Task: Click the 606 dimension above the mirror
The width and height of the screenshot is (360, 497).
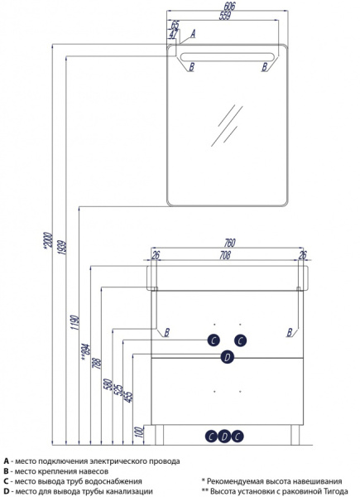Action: click(229, 6)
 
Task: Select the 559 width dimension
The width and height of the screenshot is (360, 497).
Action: click(224, 16)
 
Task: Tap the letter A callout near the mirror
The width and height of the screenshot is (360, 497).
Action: click(193, 33)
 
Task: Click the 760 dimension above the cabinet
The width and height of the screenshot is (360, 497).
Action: click(229, 243)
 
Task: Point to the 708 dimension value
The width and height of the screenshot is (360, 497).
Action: click(224, 255)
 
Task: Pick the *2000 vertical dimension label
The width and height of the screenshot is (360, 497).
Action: click(48, 240)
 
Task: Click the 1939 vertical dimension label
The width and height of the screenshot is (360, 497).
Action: click(62, 247)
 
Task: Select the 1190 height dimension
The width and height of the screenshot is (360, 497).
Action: click(74, 322)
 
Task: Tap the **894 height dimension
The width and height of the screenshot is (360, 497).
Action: click(85, 354)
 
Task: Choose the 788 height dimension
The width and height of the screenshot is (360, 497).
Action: click(97, 364)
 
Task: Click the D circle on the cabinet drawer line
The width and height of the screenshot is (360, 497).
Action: click(227, 358)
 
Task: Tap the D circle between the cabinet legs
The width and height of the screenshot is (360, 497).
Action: click(224, 437)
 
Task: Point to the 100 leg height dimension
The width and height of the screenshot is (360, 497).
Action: click(139, 432)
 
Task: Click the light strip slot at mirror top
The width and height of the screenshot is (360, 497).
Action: click(227, 57)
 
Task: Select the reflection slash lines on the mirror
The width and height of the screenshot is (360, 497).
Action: click(227, 126)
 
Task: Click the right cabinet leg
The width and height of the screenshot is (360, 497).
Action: click(295, 435)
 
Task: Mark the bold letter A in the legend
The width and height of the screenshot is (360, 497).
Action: click(7, 461)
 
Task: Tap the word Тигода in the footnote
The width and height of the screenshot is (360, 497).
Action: click(336, 491)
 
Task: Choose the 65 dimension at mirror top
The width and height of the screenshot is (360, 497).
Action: click(175, 24)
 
